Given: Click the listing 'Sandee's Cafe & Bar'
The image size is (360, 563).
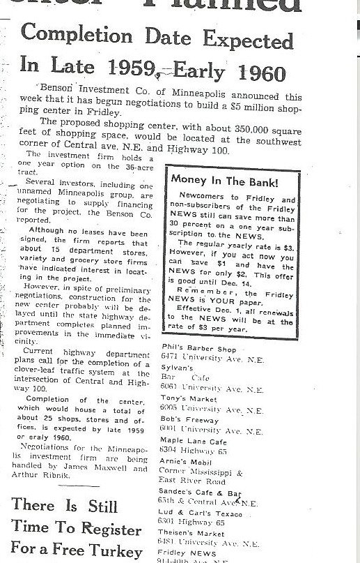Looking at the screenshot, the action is (201, 494).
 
